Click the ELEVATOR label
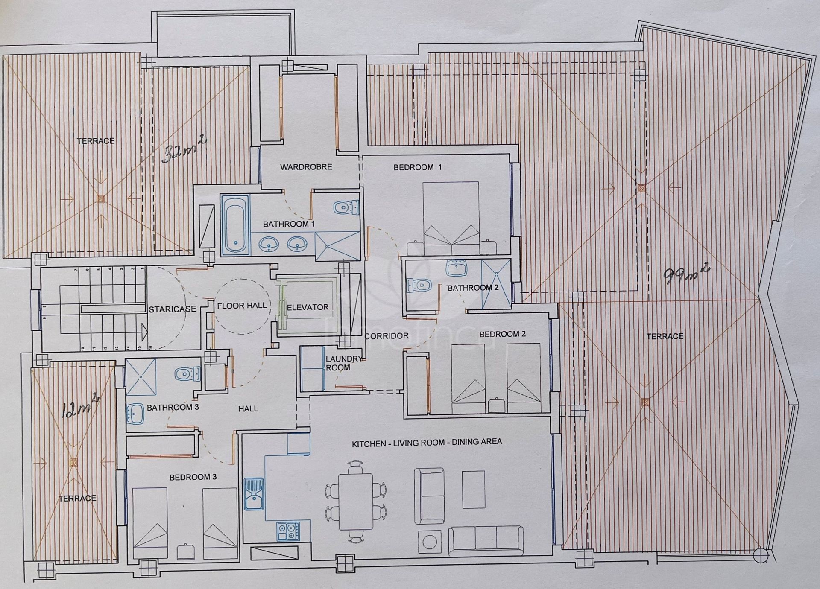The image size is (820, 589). [307, 307]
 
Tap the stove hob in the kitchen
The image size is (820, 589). [288, 531]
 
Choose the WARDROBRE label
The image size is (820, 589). [306, 167]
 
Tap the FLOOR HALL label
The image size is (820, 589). [242, 306]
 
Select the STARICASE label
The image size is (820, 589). [173, 309]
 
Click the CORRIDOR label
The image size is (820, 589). [387, 336]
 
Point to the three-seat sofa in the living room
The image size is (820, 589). [486, 540]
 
